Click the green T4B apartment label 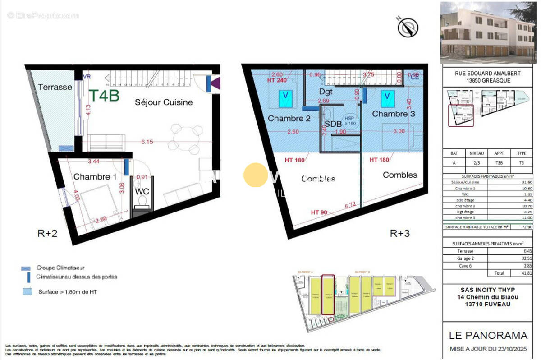103,96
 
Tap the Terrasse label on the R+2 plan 55,87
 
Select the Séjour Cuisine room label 164,102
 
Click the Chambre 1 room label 92,177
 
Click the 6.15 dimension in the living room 147,141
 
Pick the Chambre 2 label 289,119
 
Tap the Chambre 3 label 393,114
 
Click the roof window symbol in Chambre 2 284,97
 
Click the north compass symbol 408,27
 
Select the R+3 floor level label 399,234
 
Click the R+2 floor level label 47,234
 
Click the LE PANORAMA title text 488,335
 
